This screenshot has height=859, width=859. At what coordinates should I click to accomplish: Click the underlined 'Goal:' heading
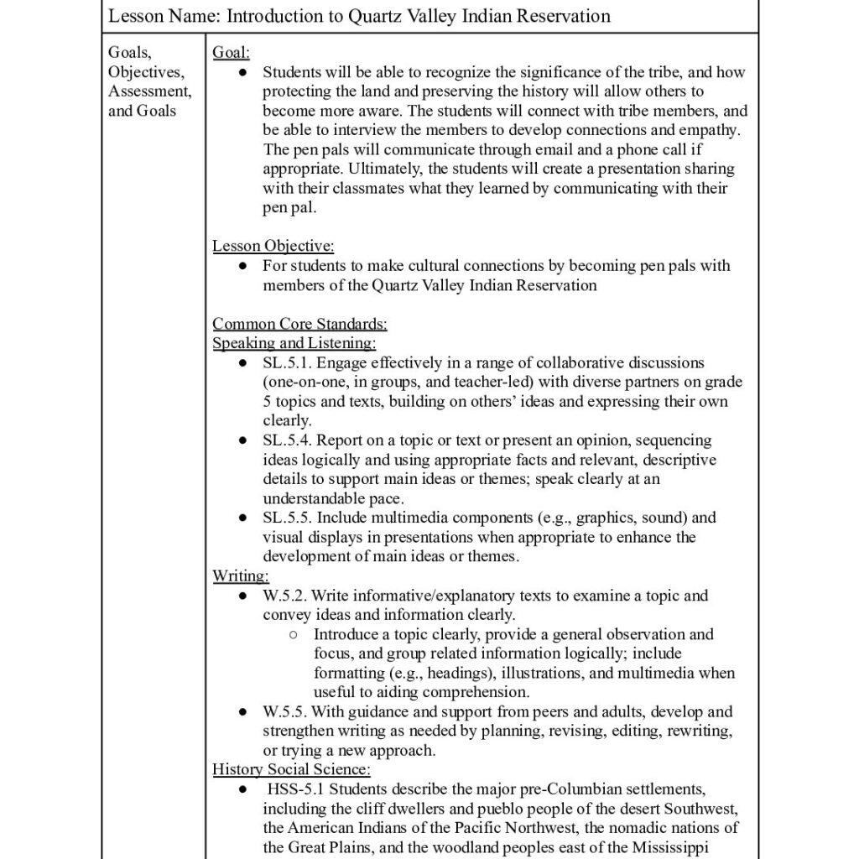(x=231, y=53)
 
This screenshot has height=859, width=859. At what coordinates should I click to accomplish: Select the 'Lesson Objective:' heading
(x=273, y=247)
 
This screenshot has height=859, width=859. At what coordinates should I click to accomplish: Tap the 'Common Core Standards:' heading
(x=299, y=324)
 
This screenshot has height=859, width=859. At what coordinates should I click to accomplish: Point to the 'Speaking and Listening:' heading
(x=294, y=343)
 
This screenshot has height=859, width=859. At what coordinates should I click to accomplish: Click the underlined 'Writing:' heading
(x=240, y=576)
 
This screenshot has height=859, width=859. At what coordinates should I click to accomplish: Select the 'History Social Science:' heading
(x=291, y=769)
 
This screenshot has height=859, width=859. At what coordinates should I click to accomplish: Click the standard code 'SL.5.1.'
(x=288, y=362)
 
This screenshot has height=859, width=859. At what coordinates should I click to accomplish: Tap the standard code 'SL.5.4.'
(x=288, y=440)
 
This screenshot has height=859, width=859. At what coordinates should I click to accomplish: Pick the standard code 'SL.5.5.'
(x=288, y=518)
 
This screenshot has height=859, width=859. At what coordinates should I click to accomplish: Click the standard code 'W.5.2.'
(x=285, y=596)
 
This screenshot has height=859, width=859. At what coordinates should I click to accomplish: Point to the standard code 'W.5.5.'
(x=285, y=712)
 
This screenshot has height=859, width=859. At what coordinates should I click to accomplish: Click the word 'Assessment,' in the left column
(x=149, y=91)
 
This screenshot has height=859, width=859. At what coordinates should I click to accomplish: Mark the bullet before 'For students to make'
(x=242, y=266)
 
